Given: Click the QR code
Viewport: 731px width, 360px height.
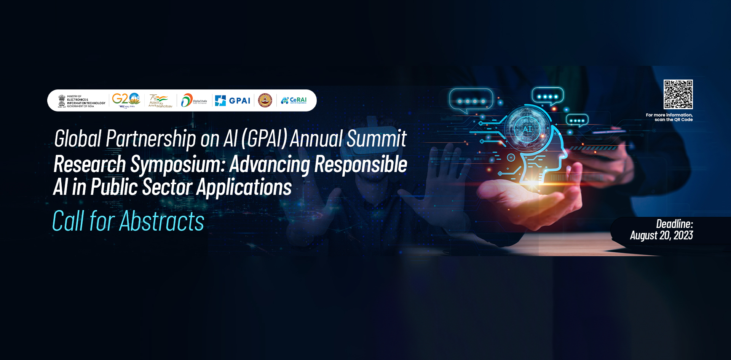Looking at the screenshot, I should (x=678, y=94).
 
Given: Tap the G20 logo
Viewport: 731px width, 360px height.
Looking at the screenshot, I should (x=126, y=100).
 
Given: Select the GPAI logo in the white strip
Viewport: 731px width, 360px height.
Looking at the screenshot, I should (x=233, y=100).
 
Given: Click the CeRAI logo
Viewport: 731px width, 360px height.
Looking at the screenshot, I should (x=294, y=100).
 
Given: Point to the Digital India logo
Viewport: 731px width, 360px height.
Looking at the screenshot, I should (x=194, y=100).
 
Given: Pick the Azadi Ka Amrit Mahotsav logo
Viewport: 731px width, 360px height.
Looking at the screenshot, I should (x=160, y=101).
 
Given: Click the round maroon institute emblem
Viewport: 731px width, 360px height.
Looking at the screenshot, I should (x=265, y=100).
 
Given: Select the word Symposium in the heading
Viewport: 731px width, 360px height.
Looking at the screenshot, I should (x=177, y=164).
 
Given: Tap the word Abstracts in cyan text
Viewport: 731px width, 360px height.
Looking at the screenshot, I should (x=162, y=221).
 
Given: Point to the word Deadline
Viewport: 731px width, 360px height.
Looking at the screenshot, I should (x=674, y=224).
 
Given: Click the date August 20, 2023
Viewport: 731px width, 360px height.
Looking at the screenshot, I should (x=661, y=236).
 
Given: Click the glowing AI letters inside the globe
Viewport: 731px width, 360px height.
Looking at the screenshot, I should (x=527, y=129).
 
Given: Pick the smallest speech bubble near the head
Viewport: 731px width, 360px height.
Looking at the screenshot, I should (x=577, y=120).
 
